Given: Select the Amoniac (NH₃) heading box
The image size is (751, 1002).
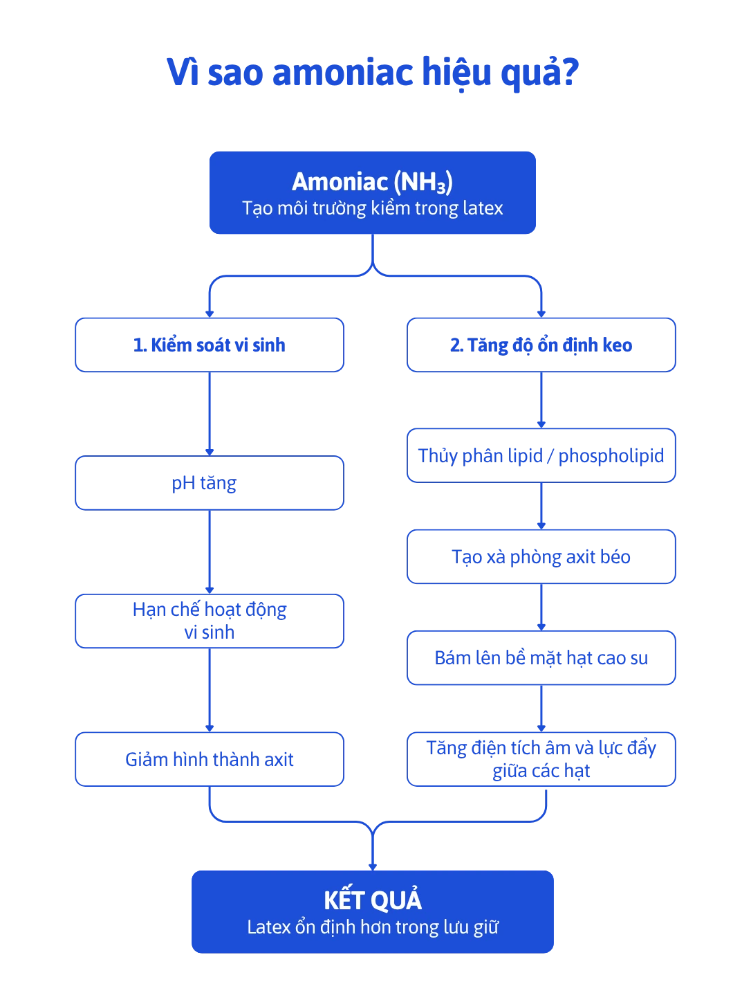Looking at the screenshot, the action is pyautogui.click(x=373, y=192).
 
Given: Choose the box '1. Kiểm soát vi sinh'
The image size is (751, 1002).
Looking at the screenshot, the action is pyautogui.click(x=210, y=345).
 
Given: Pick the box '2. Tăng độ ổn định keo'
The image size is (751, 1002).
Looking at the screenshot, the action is pyautogui.click(x=541, y=345).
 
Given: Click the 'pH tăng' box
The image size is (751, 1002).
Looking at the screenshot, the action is pyautogui.click(x=210, y=482).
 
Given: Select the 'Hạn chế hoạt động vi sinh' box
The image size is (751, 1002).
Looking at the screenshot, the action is pyautogui.click(x=210, y=621).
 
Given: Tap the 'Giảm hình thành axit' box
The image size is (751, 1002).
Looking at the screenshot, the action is pyautogui.click(x=210, y=759).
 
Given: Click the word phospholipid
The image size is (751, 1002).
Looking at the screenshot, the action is pyautogui.click(x=611, y=456).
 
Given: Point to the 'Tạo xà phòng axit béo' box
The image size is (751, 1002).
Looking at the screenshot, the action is pyautogui.click(x=541, y=556).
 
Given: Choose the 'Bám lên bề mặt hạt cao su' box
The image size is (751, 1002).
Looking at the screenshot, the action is pyautogui.click(x=541, y=658).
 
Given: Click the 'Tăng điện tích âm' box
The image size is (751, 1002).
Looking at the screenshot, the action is pyautogui.click(x=541, y=759).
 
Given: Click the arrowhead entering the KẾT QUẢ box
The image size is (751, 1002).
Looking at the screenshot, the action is pyautogui.click(x=373, y=867).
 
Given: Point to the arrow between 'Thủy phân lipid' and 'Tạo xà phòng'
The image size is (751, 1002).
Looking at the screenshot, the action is pyautogui.click(x=541, y=506).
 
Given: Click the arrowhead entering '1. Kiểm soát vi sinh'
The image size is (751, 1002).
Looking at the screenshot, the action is pyautogui.click(x=210, y=314).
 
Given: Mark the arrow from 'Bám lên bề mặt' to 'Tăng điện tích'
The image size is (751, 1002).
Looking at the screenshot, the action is pyautogui.click(x=541, y=709).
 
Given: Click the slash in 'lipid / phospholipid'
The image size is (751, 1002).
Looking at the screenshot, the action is pyautogui.click(x=550, y=456).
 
